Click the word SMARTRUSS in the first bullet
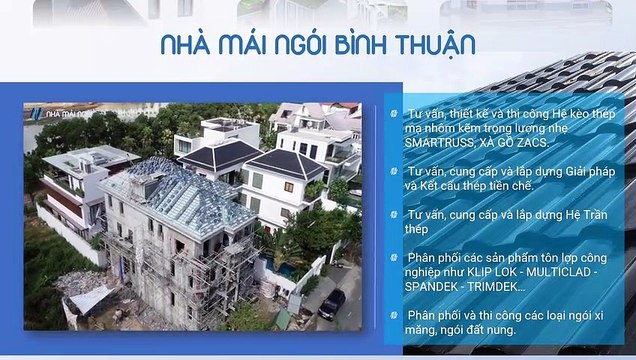click(x=441, y=142)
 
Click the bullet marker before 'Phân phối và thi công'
click(x=394, y=314)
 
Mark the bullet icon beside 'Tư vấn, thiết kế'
click(x=394, y=114)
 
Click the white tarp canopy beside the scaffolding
click(x=90, y=299)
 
